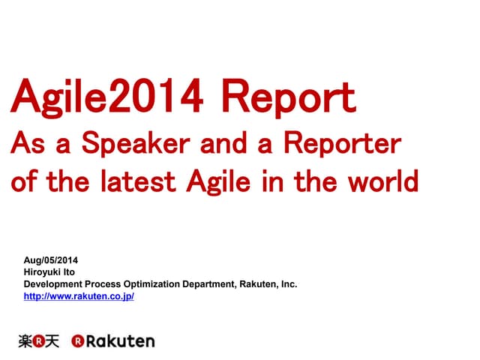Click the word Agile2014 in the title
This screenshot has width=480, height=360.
[105, 97]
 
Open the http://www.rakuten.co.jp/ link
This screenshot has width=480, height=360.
[79, 296]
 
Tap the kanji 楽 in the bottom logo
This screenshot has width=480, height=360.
[25, 341]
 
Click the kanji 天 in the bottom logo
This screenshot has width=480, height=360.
[51, 341]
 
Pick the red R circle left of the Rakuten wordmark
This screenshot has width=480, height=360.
[77, 341]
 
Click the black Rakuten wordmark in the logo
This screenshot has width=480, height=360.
[120, 341]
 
